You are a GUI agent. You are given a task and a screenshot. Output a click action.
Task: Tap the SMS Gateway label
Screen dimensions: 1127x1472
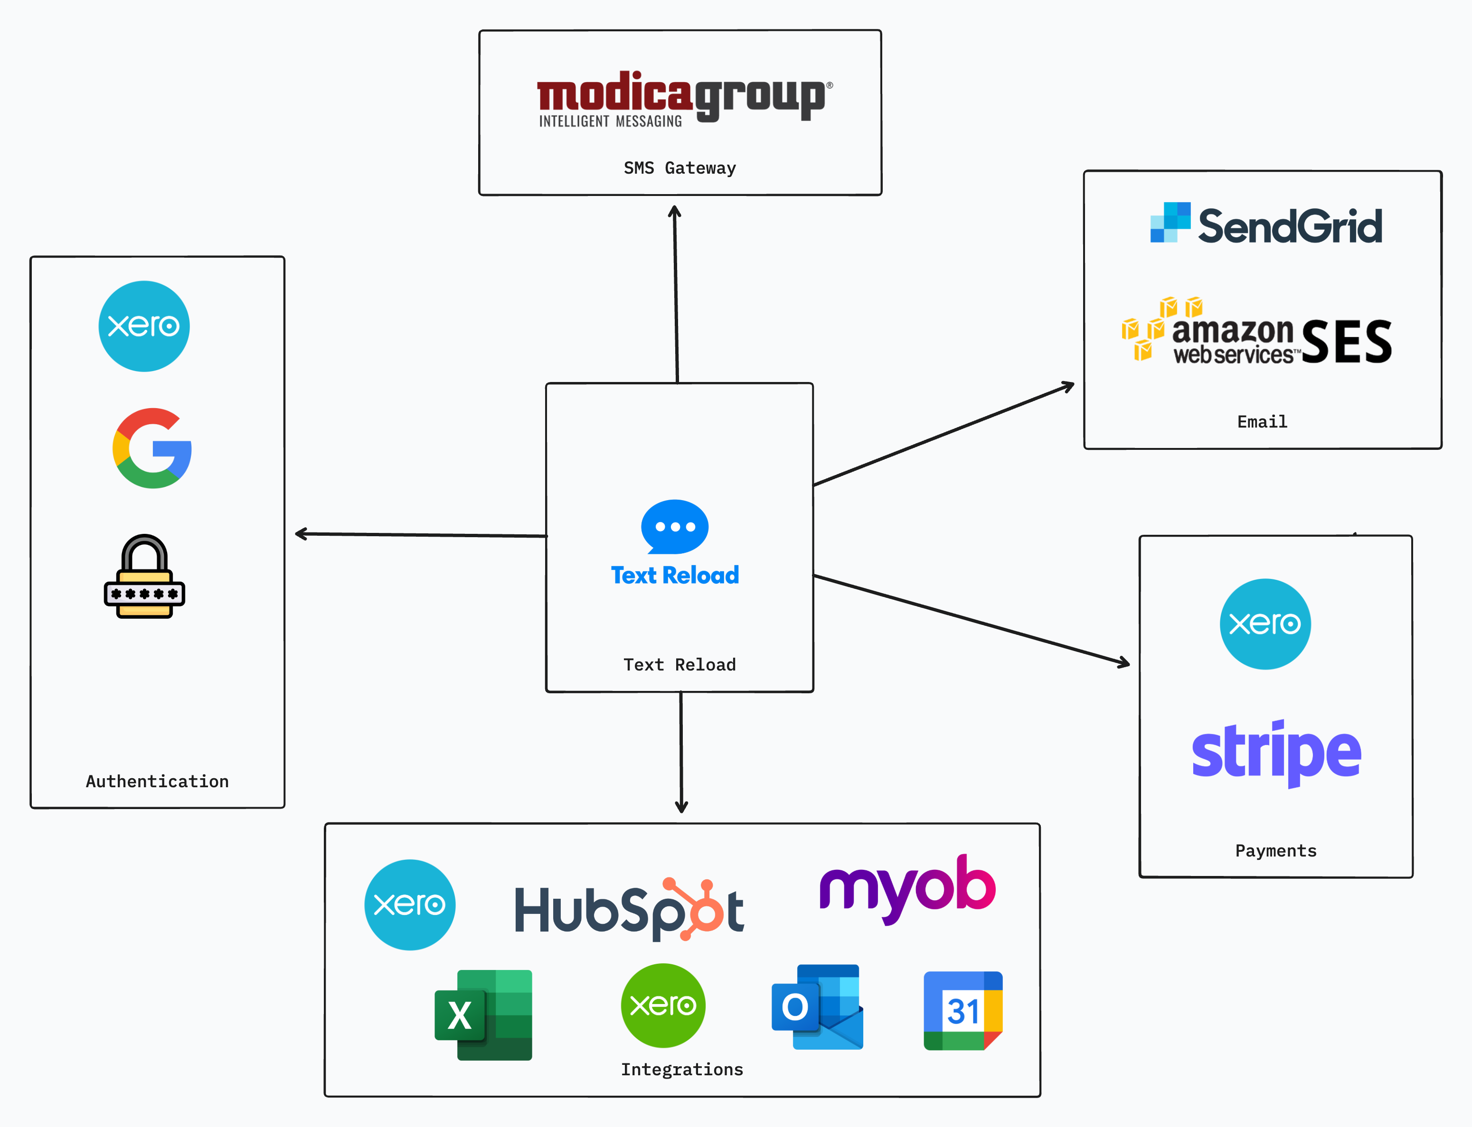click(x=679, y=168)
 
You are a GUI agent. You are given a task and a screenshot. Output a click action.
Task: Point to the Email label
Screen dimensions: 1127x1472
click(x=1262, y=421)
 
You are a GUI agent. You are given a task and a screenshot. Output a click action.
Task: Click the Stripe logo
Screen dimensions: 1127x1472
click(x=1276, y=753)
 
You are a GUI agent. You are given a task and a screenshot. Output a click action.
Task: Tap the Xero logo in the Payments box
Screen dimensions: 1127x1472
click(x=1264, y=624)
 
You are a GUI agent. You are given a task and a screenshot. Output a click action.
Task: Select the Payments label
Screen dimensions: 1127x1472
click(x=1275, y=851)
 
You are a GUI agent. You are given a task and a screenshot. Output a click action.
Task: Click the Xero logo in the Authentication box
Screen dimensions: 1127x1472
click(x=144, y=326)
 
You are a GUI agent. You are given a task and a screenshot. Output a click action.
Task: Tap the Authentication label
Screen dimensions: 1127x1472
click(x=157, y=782)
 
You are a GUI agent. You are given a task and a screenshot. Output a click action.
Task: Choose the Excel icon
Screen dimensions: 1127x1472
click(x=484, y=1015)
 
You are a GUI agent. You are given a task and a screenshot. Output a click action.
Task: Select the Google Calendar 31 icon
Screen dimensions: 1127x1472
click(x=962, y=1010)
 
